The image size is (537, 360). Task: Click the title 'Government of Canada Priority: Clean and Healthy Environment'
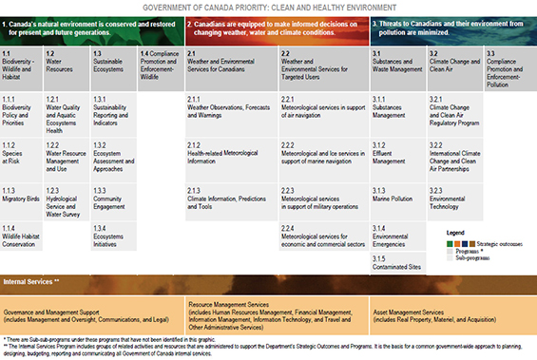(x=268, y=6)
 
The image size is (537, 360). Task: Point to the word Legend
(x=456, y=232)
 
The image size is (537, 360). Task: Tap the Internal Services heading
(x=32, y=282)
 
